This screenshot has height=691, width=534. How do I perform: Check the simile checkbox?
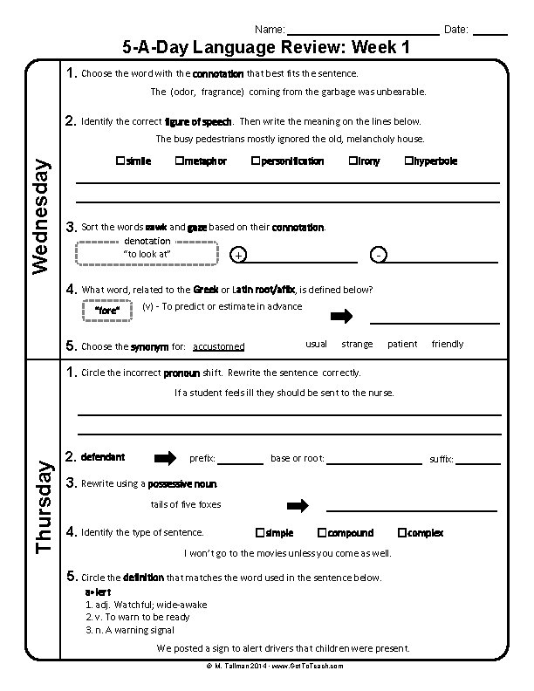coord(120,161)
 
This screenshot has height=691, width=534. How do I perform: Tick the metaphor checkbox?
coord(178,161)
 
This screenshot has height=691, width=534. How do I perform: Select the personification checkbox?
coord(255,161)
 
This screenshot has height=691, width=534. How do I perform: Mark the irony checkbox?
coord(353,161)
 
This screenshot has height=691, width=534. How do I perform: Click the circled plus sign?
coord(239,255)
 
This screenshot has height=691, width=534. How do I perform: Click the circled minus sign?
coord(378,255)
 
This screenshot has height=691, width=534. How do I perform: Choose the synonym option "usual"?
coord(317,344)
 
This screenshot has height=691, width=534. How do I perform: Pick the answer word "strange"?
coord(357,344)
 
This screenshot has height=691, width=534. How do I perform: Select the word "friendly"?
coord(448,344)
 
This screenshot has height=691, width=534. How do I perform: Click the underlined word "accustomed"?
coord(218,346)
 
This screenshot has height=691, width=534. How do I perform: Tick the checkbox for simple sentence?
coord(259,532)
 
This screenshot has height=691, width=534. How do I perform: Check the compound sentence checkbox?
coord(322,532)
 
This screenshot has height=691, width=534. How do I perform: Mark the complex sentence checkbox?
coord(401,532)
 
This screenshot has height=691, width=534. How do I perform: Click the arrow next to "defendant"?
coord(165,458)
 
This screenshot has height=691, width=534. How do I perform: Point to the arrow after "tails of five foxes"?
coord(298,505)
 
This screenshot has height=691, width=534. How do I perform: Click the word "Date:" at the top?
coord(456,30)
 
